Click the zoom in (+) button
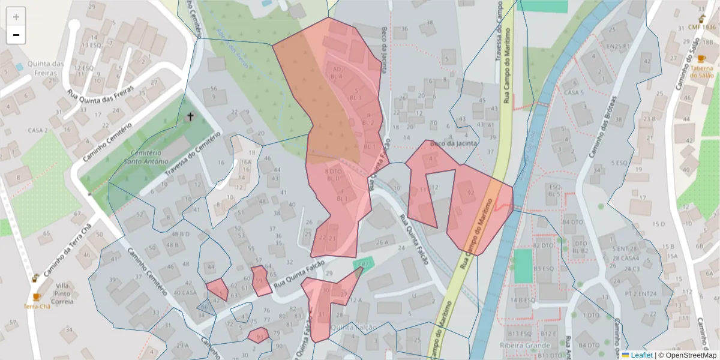click(x=16, y=17)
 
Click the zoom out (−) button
click(x=16, y=35)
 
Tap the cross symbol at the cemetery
click(x=191, y=117)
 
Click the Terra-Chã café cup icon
click(x=37, y=297)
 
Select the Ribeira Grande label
click(x=525, y=346)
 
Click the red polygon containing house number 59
click(x=261, y=281)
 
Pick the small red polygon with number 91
click(x=258, y=335)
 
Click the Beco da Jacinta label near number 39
click(x=458, y=143)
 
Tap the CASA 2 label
click(x=37, y=130)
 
